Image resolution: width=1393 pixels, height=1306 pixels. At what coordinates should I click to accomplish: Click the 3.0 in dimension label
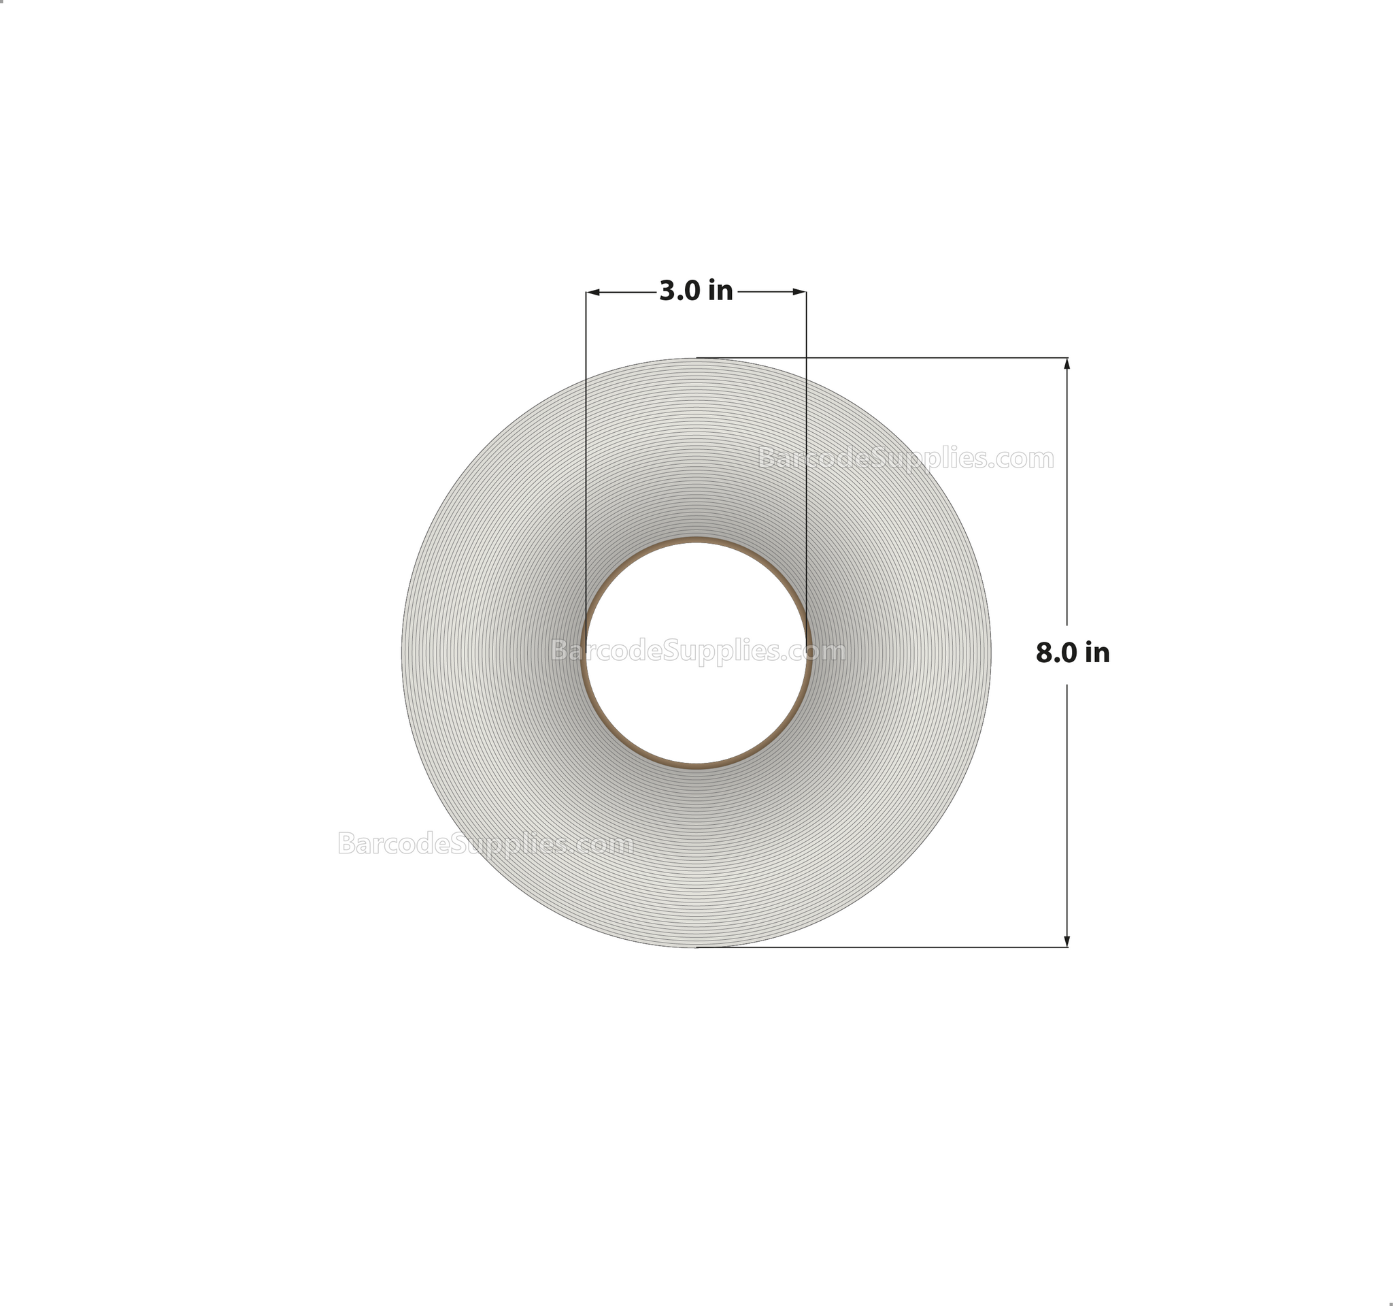[x=696, y=291]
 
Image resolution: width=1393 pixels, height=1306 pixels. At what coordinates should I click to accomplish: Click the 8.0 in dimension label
[x=1072, y=653]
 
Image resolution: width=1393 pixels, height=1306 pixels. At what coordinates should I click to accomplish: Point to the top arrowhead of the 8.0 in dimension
[x=1067, y=363]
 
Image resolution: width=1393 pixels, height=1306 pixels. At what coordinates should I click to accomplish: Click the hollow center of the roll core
[x=696, y=701]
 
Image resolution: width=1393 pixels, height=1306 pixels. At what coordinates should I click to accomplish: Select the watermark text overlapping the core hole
[x=698, y=651]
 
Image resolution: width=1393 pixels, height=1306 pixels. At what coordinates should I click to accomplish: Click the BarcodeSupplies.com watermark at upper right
[x=905, y=459]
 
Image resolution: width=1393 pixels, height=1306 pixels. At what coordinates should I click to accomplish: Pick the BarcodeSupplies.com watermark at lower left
[x=485, y=843]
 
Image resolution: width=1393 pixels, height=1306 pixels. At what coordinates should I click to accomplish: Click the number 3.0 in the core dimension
[x=680, y=291]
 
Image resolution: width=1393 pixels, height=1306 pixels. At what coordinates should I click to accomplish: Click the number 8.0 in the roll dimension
[x=1057, y=653]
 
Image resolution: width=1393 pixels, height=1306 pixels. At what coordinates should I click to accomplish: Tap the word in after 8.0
[x=1097, y=653]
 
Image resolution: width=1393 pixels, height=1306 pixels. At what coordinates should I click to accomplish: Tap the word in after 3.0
[x=720, y=291]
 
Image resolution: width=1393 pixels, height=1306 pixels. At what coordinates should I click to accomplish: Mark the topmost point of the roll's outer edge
[x=696, y=358]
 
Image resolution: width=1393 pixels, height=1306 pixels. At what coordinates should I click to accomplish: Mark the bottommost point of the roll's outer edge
[x=696, y=947]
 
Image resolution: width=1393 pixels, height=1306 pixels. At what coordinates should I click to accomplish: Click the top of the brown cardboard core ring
[x=696, y=540]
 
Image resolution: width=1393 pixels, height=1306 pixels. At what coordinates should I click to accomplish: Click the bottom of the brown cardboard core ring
[x=696, y=766]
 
